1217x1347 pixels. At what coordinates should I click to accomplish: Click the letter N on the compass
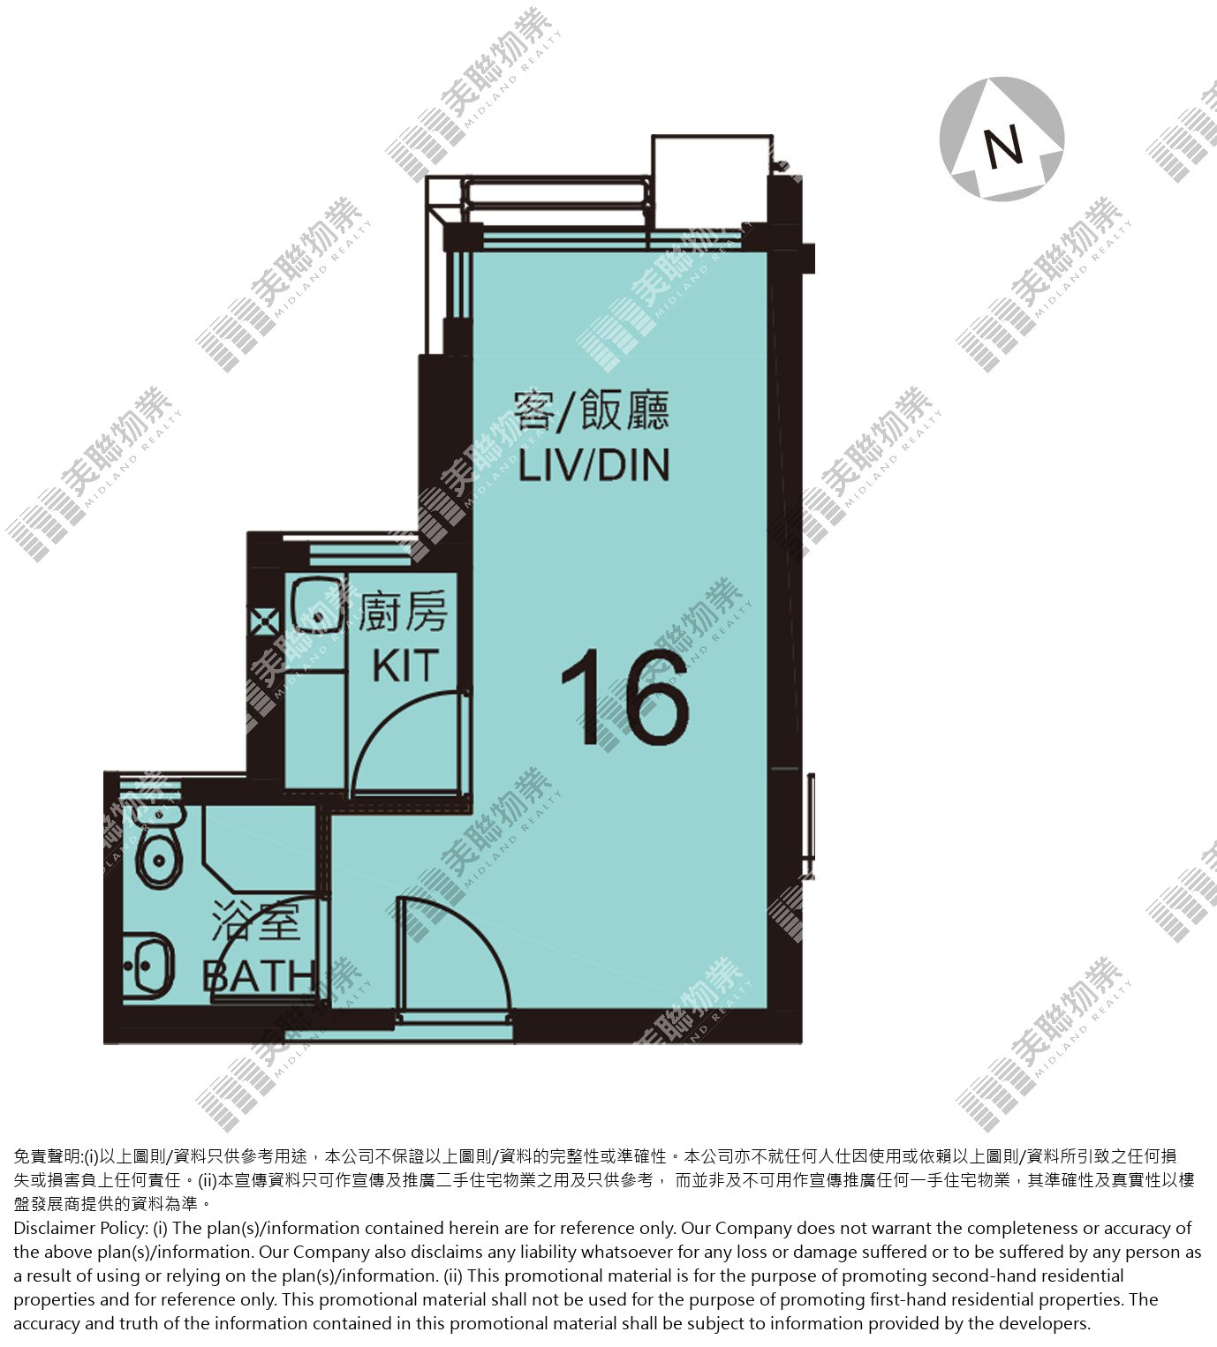[x=1002, y=147]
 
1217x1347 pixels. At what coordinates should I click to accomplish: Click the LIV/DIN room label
[x=594, y=465]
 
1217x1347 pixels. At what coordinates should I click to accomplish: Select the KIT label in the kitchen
[x=406, y=666]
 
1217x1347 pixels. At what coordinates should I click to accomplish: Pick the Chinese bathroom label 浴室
[x=255, y=922]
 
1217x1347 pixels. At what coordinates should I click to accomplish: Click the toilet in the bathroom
[x=159, y=847]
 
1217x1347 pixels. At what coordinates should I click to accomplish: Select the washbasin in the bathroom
[x=148, y=967]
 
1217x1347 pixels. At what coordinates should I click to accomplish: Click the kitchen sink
[x=316, y=605]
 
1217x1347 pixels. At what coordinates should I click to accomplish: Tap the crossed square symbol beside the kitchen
[x=265, y=621]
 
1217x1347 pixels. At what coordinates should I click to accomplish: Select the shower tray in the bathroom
[x=260, y=850]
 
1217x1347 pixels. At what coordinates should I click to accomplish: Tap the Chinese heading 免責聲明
[x=47, y=1155]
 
